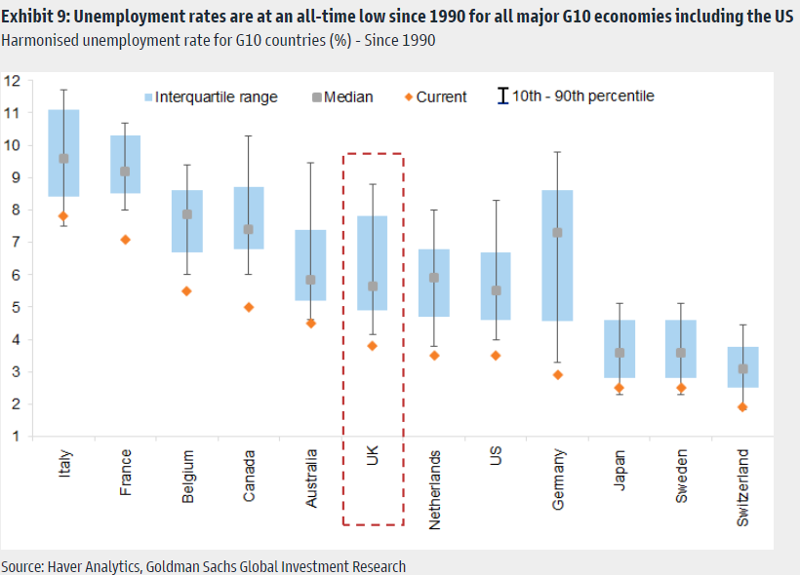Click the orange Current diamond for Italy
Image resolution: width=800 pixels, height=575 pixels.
pos(63,216)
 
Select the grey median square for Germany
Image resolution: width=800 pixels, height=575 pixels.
pos(557,233)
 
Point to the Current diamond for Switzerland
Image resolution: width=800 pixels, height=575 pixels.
pos(742,407)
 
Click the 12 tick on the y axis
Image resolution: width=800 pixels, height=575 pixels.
pos(13,81)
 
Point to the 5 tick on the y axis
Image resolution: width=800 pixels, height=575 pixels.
pos(13,307)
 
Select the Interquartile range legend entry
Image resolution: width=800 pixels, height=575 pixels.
pos(210,96)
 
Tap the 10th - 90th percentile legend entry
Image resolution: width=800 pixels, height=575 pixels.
pos(576,96)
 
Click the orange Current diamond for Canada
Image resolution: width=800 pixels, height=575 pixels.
pos(249,307)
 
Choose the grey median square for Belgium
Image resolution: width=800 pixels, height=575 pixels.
pos(187,214)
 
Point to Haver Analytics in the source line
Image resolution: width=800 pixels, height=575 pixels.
pos(96,566)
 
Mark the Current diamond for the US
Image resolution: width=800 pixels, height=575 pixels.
pos(496,356)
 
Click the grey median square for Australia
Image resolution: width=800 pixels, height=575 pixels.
pos(310,280)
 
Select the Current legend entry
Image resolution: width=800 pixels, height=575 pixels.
pos(435,96)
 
